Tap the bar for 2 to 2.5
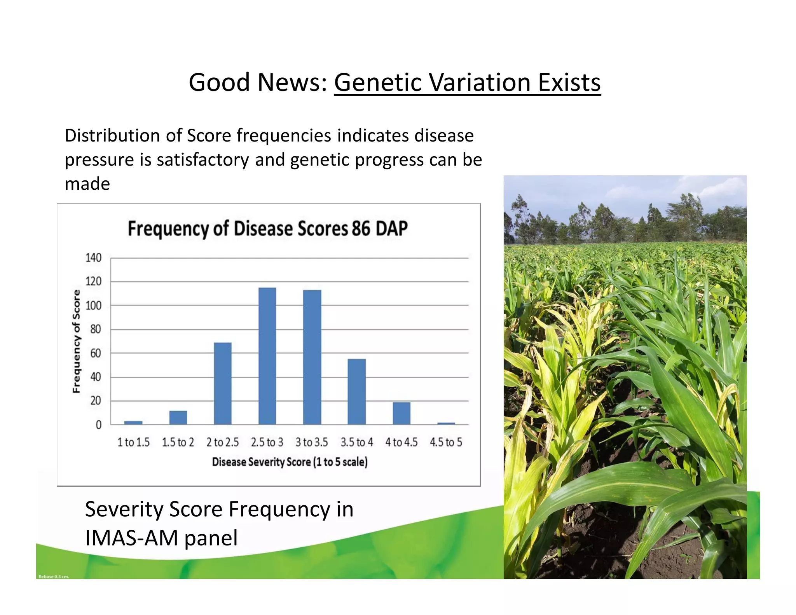[223, 383]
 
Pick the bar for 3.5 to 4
[357, 391]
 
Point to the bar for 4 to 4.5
[401, 413]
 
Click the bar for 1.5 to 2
[178, 418]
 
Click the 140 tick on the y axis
[93, 258]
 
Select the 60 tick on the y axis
[95, 353]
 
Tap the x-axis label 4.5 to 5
[446, 442]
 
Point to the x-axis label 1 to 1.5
[133, 442]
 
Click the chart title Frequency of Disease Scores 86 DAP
[268, 229]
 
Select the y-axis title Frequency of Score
[77, 341]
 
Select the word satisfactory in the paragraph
[203, 160]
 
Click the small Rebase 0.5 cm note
[54, 577]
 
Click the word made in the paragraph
[87, 184]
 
